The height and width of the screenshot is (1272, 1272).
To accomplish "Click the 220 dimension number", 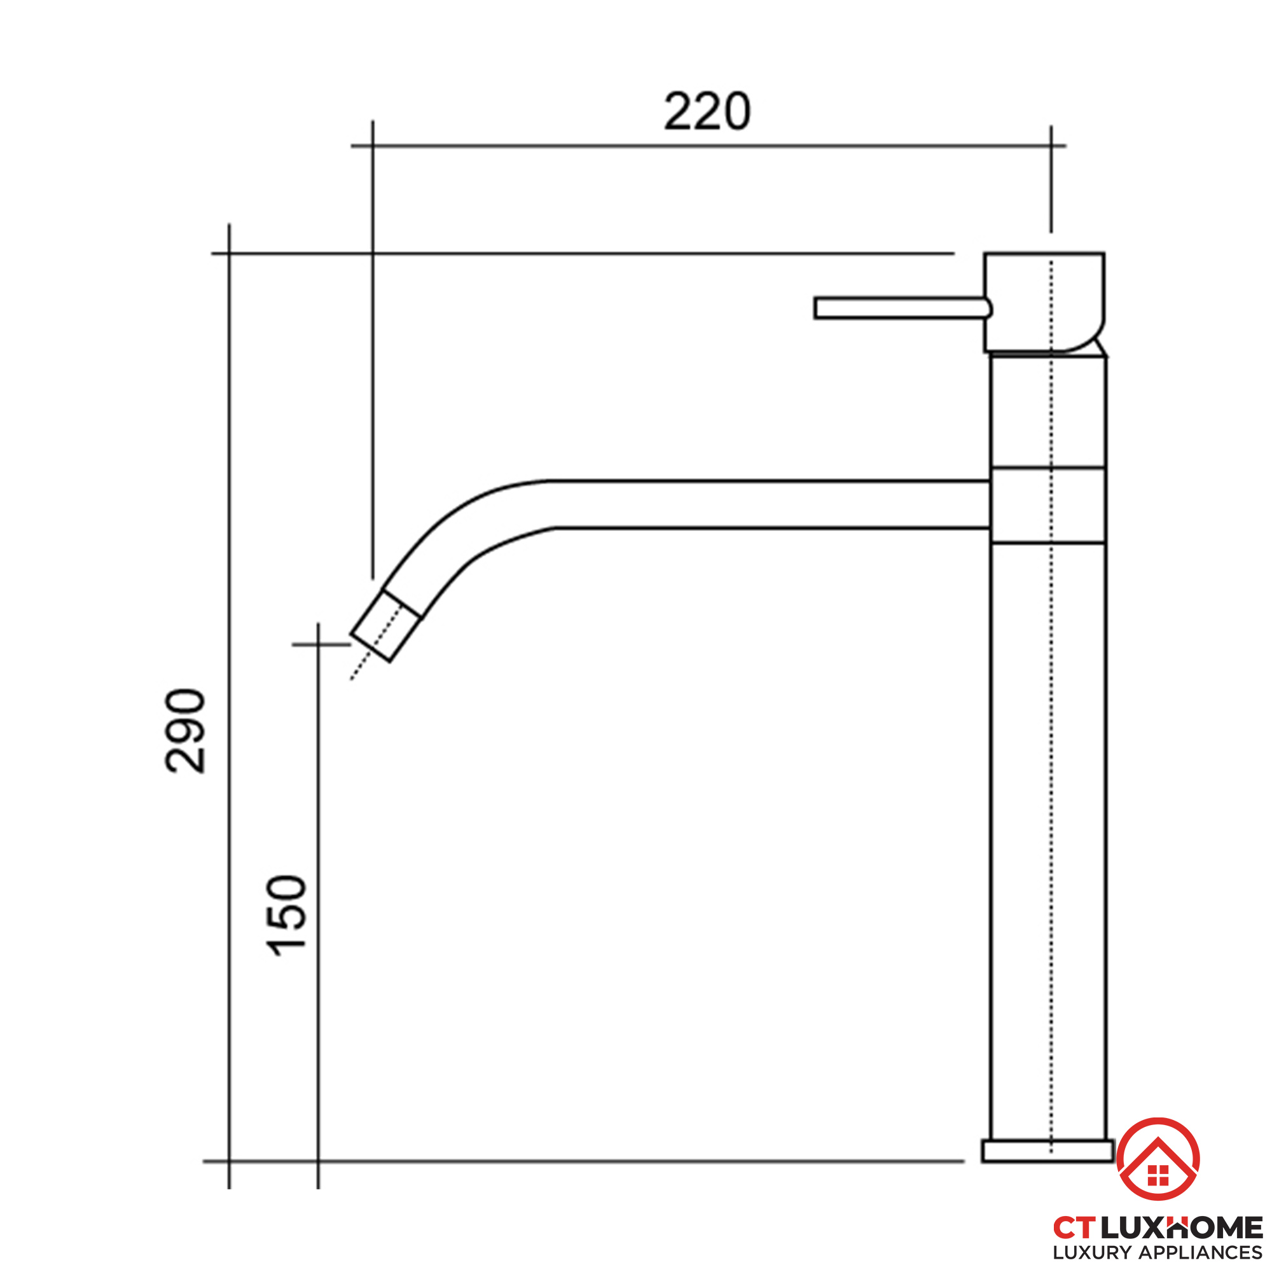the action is (707, 111).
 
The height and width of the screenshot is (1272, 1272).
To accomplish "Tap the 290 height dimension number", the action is (185, 731).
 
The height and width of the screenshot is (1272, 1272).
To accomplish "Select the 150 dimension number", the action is (286, 916).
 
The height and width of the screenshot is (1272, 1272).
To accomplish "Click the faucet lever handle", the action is (902, 308).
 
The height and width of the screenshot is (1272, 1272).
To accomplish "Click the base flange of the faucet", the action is (1047, 1151).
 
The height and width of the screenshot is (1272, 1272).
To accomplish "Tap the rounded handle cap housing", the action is (1044, 302).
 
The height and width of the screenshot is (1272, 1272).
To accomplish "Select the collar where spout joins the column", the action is (1048, 505).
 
